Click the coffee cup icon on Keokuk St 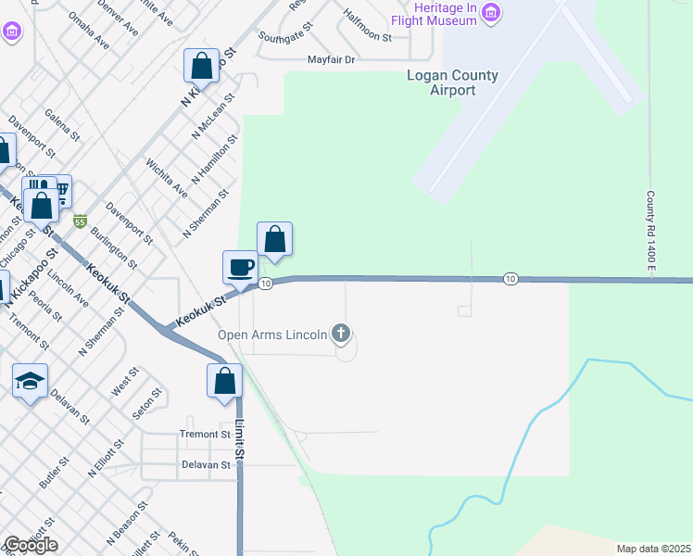coord(241,268)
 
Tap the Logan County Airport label coord(453,83)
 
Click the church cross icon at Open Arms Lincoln coord(341,333)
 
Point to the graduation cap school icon coord(30,380)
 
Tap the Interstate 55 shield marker coord(80,221)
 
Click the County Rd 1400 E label coord(650,232)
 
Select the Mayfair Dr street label coord(332,60)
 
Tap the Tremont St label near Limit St coord(205,434)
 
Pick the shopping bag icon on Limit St coord(224,380)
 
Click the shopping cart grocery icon coord(59,191)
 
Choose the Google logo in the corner coord(31,545)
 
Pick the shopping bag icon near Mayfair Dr coord(201,66)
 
